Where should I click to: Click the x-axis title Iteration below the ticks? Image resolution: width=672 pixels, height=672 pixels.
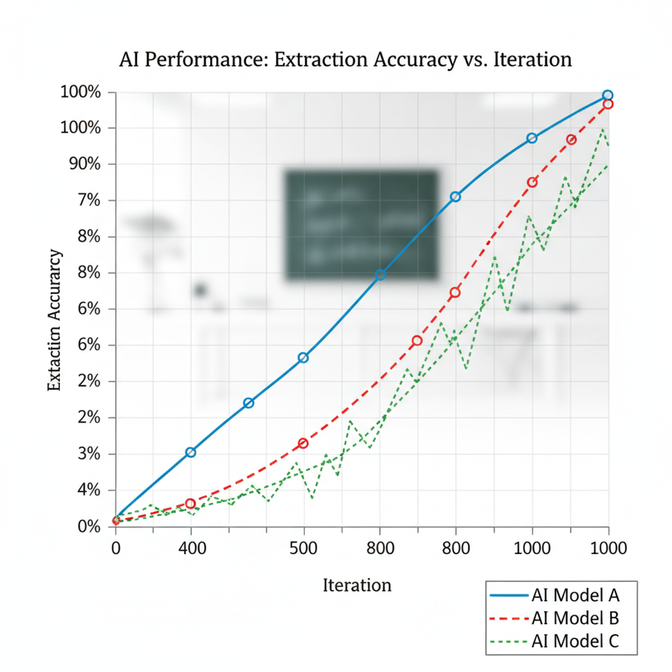click(x=357, y=585)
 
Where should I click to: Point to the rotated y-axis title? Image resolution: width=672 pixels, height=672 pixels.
click(x=56, y=320)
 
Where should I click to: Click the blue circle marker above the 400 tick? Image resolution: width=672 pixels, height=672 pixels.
click(x=190, y=452)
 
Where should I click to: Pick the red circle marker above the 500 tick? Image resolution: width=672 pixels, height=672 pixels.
click(x=303, y=444)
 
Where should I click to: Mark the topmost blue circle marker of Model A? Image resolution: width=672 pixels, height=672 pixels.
click(x=608, y=95)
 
